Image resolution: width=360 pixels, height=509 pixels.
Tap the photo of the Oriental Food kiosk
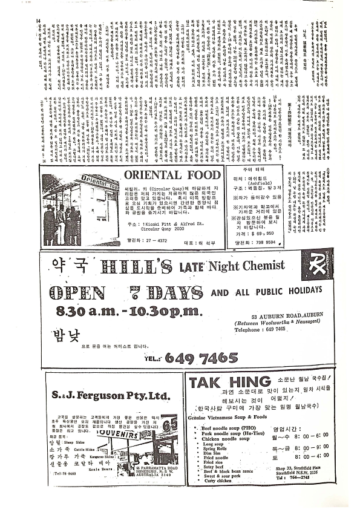78,207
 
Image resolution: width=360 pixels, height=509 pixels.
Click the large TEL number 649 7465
190,358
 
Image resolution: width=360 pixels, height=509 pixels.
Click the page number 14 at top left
38,21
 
